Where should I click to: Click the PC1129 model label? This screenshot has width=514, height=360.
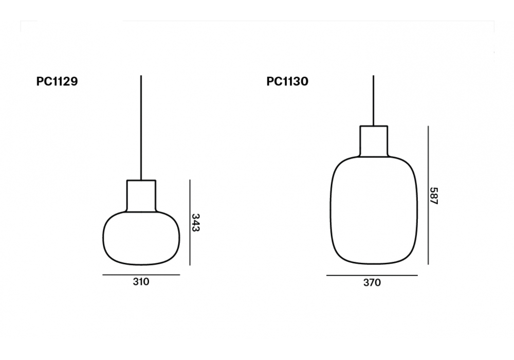(x=57, y=81)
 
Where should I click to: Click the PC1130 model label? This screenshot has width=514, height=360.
(x=287, y=81)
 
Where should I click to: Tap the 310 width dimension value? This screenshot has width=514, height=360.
(x=141, y=282)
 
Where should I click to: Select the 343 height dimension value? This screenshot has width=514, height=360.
(x=195, y=223)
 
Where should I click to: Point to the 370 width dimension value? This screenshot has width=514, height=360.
(x=372, y=283)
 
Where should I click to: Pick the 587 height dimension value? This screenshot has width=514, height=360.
(x=434, y=196)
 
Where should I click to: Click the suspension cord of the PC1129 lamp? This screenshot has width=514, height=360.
(x=141, y=128)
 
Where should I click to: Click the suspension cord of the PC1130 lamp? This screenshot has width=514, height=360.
(x=373, y=101)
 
